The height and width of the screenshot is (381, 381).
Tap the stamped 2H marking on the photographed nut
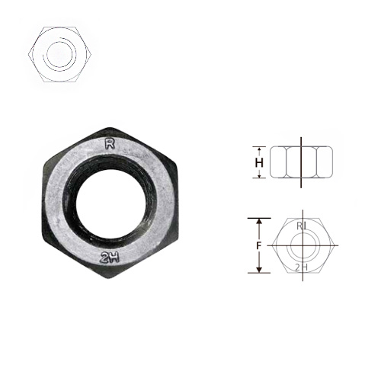tap(110, 258)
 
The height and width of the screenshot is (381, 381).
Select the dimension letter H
tap(259, 162)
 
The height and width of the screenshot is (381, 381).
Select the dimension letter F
tap(259, 245)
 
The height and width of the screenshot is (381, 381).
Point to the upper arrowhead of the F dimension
tap(259, 222)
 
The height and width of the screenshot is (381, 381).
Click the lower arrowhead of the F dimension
tap(259, 269)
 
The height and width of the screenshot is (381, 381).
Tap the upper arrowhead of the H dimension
tap(259, 149)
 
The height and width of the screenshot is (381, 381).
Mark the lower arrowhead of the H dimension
tap(259, 176)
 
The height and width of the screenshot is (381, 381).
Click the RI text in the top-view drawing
tap(302, 226)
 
